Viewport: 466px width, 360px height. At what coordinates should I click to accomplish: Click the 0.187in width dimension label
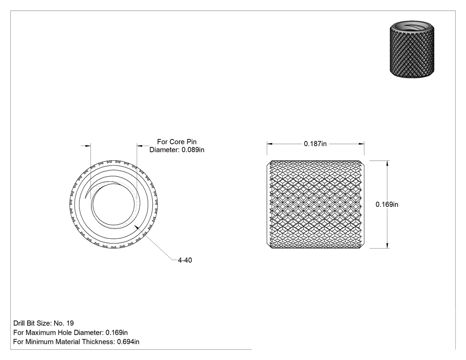click(315, 144)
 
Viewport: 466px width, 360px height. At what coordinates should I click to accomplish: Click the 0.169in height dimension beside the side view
click(387, 204)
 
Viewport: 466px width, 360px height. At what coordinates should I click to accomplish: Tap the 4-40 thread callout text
click(185, 260)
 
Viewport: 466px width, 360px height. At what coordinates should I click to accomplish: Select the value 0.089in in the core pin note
click(193, 150)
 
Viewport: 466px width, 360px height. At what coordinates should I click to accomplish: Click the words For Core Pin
click(177, 142)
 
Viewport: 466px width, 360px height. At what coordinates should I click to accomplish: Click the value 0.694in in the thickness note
click(128, 342)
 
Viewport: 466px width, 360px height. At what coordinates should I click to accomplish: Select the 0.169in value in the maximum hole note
click(116, 332)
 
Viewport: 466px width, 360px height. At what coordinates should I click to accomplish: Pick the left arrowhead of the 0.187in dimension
click(269, 144)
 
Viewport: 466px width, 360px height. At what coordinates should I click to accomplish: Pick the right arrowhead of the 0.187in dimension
click(362, 144)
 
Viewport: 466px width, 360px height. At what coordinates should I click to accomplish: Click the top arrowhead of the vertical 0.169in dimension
click(387, 163)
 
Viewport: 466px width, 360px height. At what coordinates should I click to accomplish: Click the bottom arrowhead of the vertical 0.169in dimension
click(387, 245)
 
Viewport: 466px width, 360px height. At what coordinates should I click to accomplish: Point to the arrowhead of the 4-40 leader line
click(136, 227)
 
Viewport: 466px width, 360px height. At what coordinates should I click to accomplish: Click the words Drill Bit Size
click(32, 323)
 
